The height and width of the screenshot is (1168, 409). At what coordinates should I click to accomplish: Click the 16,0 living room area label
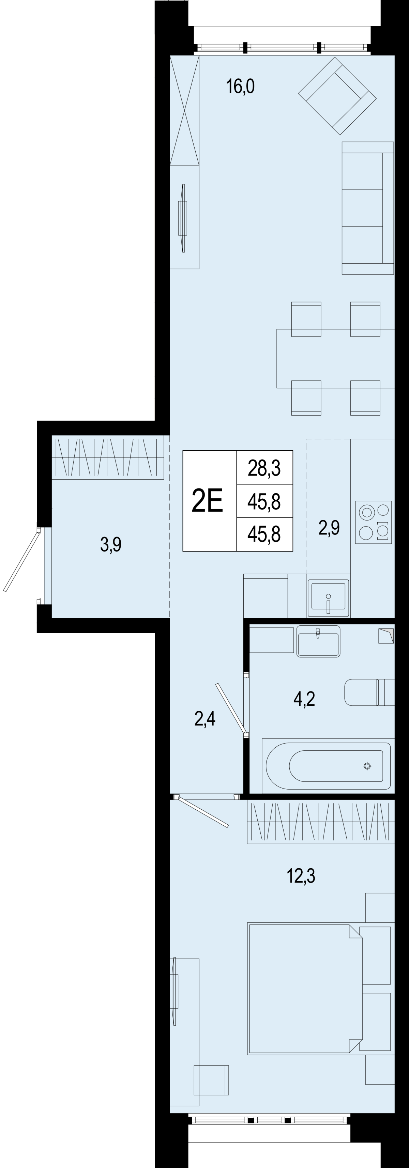240,86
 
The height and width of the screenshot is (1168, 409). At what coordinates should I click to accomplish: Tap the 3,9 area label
111,544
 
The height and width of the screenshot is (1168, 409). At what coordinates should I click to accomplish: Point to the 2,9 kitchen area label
329,527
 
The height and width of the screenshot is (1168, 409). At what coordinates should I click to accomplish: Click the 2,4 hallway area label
205,719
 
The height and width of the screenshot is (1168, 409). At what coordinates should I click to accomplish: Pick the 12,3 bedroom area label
301,876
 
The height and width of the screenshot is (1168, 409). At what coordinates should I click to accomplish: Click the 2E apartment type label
208,501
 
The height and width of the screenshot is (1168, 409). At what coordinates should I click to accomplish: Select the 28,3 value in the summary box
264,467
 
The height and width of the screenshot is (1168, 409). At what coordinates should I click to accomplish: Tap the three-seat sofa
368,208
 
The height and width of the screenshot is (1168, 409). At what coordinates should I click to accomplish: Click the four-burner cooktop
374,522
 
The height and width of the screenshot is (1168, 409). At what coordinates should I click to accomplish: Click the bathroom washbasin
318,641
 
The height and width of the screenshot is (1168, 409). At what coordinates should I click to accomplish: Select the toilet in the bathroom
369,692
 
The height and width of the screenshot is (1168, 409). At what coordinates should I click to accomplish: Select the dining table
335,358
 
